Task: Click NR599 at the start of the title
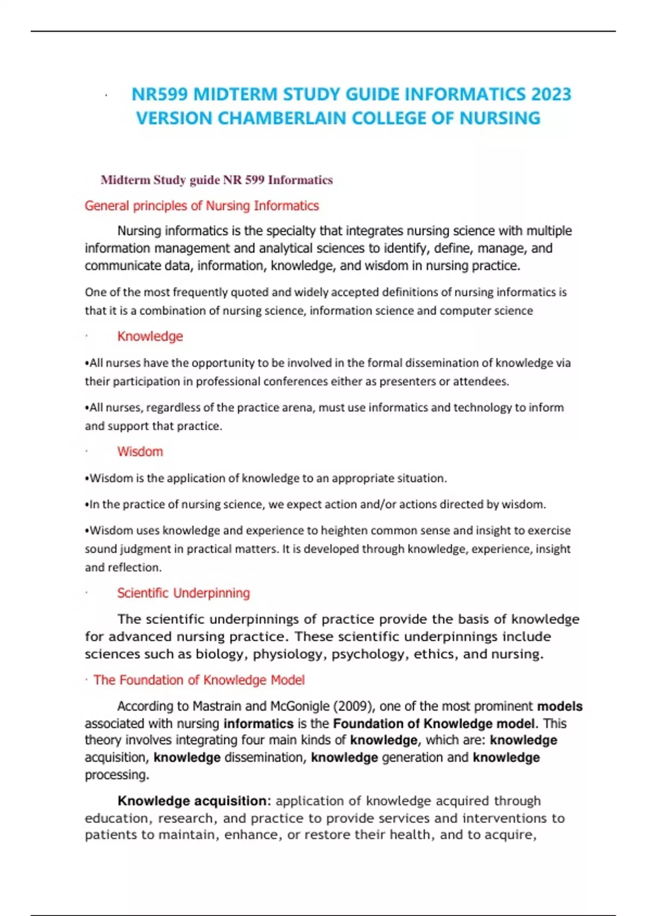[160, 94]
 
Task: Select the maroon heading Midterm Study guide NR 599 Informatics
[216, 180]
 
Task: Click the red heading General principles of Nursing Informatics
[202, 206]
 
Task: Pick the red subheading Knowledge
[150, 336]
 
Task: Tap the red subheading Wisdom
[140, 452]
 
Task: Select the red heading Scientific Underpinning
[183, 593]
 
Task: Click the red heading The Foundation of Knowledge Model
[199, 680]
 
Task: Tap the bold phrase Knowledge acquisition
[192, 801]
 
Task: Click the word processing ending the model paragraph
[116, 775]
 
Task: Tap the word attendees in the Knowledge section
[480, 381]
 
